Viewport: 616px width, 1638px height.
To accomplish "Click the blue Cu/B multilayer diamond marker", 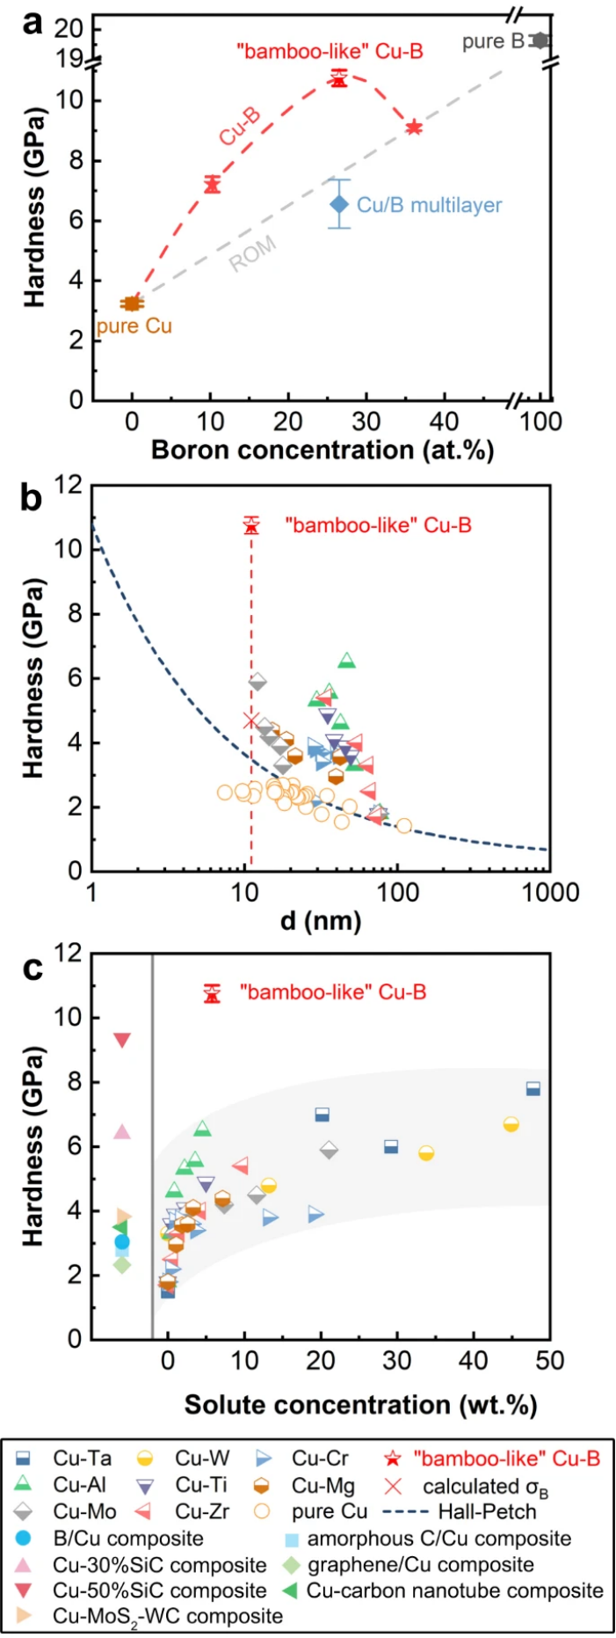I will [x=339, y=204].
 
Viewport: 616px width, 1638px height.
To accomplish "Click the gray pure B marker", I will [x=540, y=40].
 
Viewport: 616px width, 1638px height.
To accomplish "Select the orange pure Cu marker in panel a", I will [x=132, y=303].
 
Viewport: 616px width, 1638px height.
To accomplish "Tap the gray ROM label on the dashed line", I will [x=253, y=254].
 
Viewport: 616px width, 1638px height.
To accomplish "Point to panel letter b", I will [x=32, y=499].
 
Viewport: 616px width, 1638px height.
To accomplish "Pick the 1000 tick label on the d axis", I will [x=551, y=893].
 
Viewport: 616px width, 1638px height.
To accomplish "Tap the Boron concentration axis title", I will [x=322, y=450].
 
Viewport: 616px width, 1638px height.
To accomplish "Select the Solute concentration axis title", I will [x=360, y=1404].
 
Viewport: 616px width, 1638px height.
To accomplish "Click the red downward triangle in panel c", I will [x=122, y=1041].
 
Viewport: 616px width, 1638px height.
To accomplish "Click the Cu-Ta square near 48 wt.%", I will [x=533, y=1089].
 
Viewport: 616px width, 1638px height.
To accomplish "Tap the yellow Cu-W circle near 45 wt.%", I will [x=511, y=1124].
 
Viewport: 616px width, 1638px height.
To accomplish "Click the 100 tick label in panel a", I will [x=540, y=421].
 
